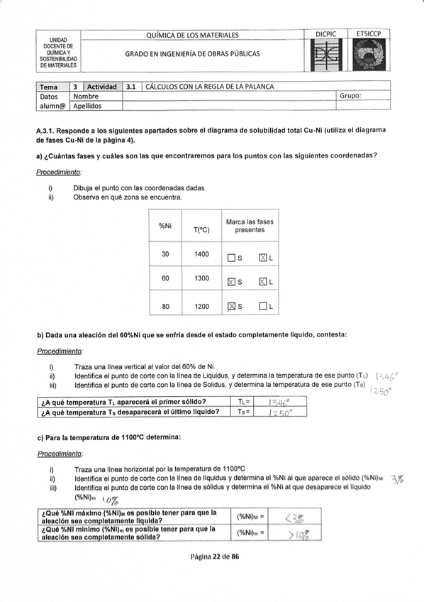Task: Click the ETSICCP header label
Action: pos(370,34)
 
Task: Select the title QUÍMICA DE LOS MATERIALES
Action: pos(191,35)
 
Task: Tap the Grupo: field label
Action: pos(350,96)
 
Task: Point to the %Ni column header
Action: pos(165,226)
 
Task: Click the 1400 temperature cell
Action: pos(201,253)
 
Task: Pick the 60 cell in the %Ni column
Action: pos(165,278)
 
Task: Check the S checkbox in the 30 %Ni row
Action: pos(231,257)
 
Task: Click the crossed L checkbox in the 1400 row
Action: pos(262,257)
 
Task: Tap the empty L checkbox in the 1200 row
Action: pos(262,307)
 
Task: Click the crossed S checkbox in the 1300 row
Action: pos(231,282)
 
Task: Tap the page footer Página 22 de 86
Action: pos(211,557)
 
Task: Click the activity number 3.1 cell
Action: pos(131,87)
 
